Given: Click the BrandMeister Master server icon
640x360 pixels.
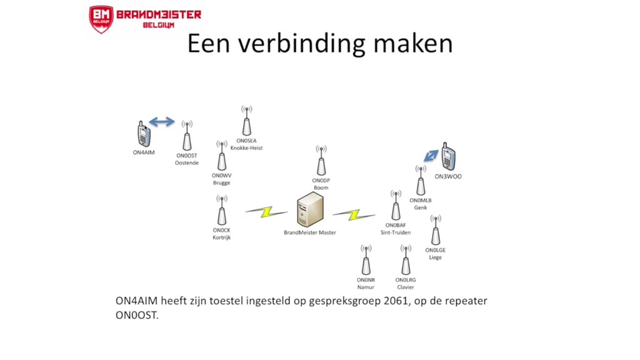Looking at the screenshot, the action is (x=310, y=210).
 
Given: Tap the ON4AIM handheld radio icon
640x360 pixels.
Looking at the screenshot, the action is (x=144, y=134).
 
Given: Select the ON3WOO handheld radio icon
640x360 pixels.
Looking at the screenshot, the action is (x=448, y=156).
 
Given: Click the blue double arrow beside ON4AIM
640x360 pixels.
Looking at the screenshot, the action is (x=162, y=122).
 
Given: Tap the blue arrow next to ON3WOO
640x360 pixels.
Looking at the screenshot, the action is (x=431, y=156).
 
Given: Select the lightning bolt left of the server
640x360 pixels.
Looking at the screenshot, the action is (x=266, y=212).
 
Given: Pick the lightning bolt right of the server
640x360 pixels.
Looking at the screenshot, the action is (x=354, y=215).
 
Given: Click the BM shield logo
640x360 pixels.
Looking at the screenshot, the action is (x=101, y=19).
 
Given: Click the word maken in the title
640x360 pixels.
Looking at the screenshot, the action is (x=412, y=44).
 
